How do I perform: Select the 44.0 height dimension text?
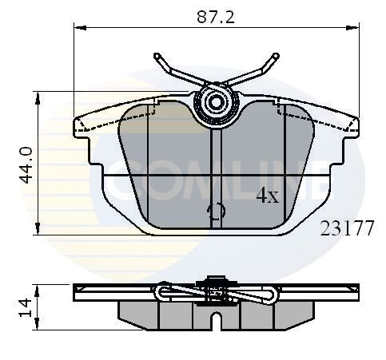[26, 164]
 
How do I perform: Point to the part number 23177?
[347, 228]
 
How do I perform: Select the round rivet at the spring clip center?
[216, 103]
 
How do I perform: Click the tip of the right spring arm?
[276, 57]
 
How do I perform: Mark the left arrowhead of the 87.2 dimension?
[78, 28]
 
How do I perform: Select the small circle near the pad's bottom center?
[216, 212]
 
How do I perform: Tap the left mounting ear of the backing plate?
[83, 125]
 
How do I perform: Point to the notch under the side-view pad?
[216, 322]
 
